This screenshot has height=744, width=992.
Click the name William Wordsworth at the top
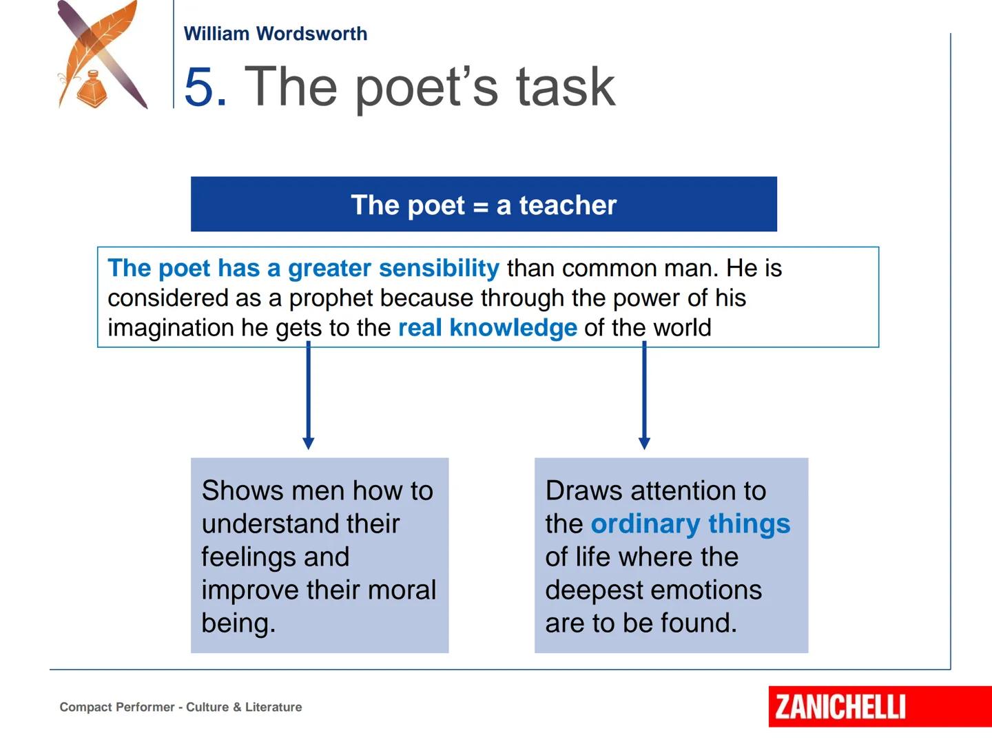[x=276, y=34]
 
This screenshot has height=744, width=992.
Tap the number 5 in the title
[x=199, y=86]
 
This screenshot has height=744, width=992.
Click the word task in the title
[x=565, y=86]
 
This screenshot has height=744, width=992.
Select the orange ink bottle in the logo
[x=92, y=89]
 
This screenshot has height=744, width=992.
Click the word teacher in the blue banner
[x=568, y=205]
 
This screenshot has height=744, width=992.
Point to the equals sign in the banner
[x=480, y=207]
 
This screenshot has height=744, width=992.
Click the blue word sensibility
[x=440, y=268]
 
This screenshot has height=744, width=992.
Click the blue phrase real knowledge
[x=488, y=327]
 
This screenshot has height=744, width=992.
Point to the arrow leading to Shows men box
[x=308, y=395]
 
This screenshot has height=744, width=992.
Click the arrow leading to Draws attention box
[x=645, y=395]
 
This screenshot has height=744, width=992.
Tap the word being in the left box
[x=238, y=624]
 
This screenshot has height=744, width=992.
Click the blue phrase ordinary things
[x=690, y=524]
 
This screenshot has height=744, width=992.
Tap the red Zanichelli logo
[x=880, y=707]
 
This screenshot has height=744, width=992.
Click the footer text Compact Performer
[x=117, y=707]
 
